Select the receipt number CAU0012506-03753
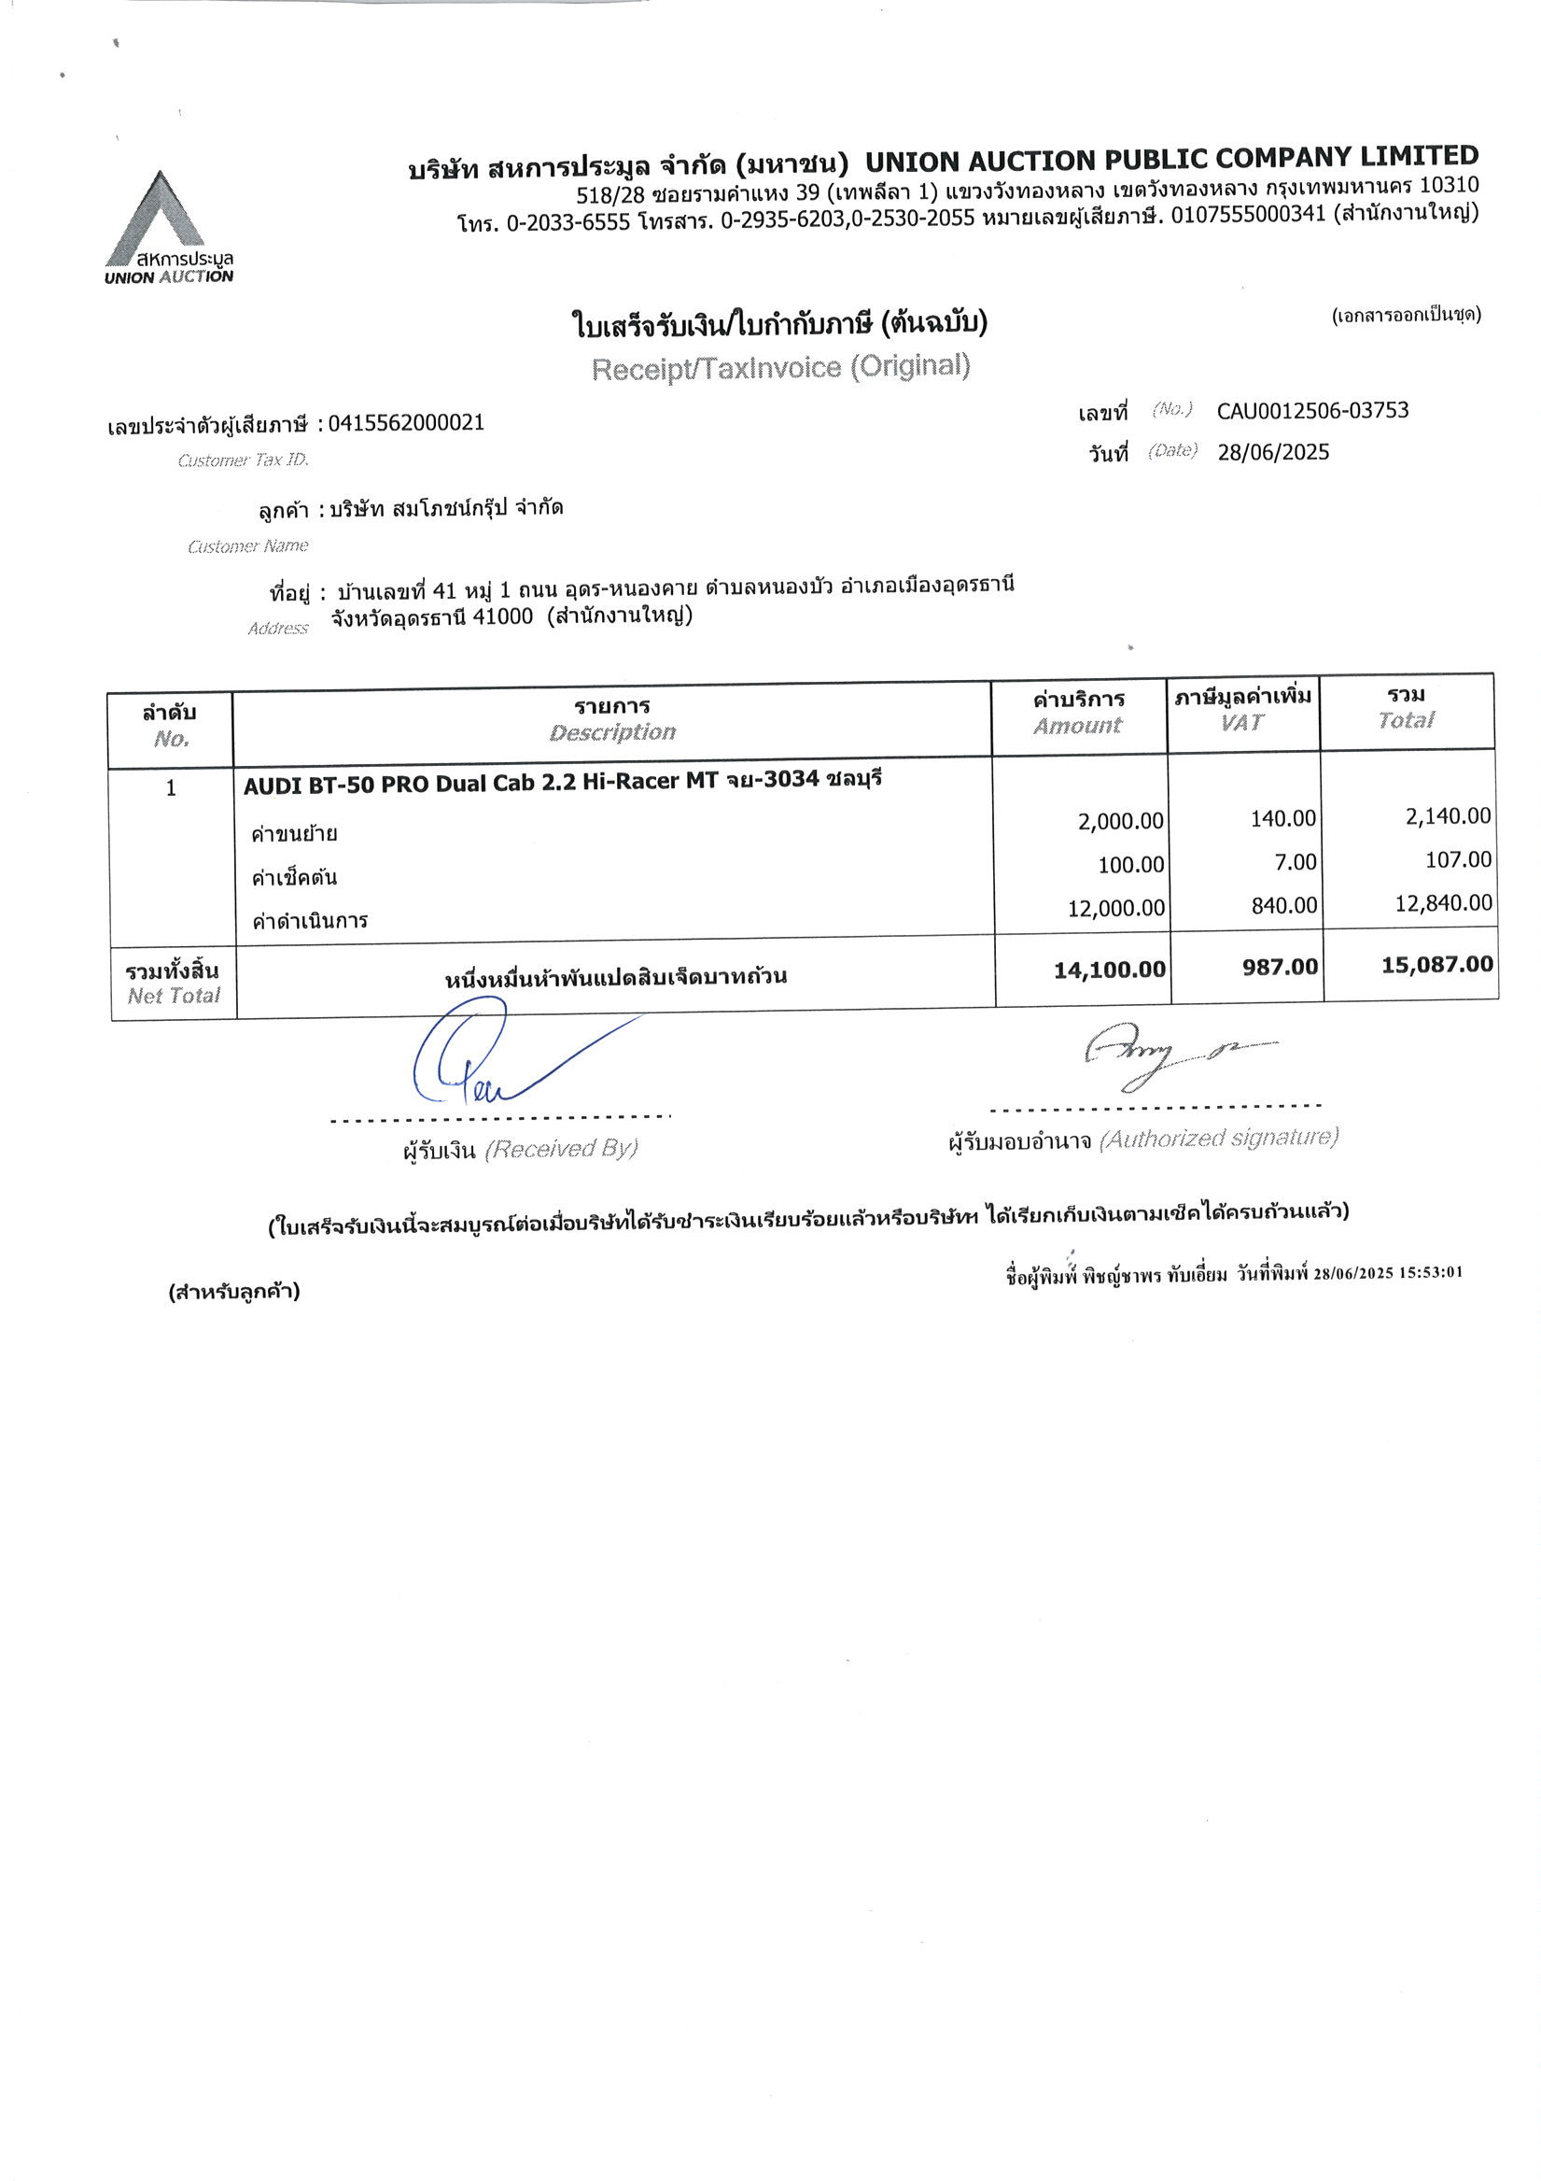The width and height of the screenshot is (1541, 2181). click(x=1312, y=410)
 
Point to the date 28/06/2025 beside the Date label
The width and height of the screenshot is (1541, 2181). click(x=1273, y=452)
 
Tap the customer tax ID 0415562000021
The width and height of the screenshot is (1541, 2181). click(x=406, y=423)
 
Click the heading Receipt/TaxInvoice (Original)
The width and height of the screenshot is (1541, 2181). click(x=780, y=367)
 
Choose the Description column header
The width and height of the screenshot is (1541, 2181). click(x=612, y=732)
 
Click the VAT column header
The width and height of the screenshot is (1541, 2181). click(x=1242, y=723)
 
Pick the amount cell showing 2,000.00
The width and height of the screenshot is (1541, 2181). click(x=1120, y=821)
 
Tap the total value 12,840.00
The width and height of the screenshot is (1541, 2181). click(x=1443, y=903)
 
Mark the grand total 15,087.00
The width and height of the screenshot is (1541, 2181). click(x=1436, y=965)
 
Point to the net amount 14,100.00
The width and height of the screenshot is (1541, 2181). click(x=1109, y=970)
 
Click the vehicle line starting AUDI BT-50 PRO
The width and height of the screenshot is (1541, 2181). click(x=562, y=782)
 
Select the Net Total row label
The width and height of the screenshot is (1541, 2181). click(x=173, y=984)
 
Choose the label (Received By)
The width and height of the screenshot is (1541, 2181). click(x=561, y=1150)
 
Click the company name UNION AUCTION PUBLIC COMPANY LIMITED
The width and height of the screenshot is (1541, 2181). click(x=1171, y=159)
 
